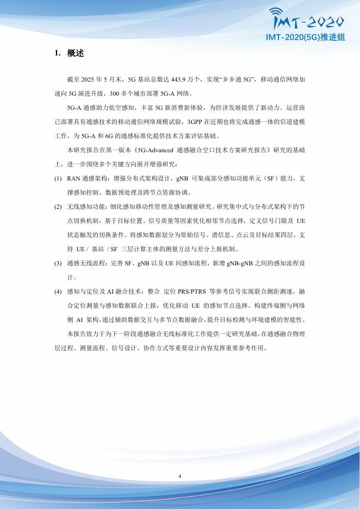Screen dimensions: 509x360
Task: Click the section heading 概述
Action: (76, 53)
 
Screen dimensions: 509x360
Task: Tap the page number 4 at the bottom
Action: (179, 476)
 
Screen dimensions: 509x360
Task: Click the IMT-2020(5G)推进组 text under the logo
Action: (306, 38)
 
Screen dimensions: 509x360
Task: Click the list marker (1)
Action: (58, 178)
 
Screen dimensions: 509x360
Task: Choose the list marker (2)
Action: (58, 207)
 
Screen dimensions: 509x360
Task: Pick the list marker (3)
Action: (58, 263)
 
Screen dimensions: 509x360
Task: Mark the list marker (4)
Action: (58, 291)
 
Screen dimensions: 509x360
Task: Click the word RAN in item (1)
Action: (73, 178)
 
